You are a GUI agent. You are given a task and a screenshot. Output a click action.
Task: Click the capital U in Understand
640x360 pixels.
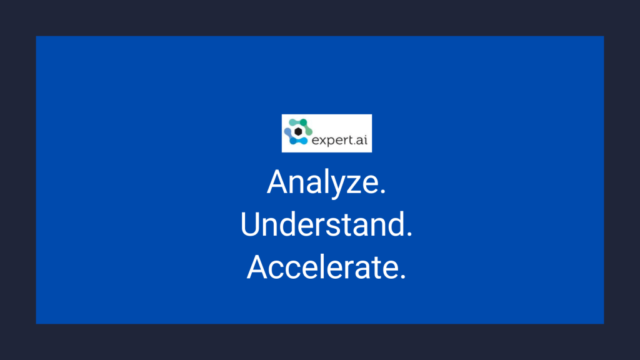(250, 224)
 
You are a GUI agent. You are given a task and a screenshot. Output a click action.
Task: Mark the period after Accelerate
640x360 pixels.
(402, 276)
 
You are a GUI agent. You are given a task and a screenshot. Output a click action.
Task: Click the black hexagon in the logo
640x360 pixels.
(298, 131)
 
